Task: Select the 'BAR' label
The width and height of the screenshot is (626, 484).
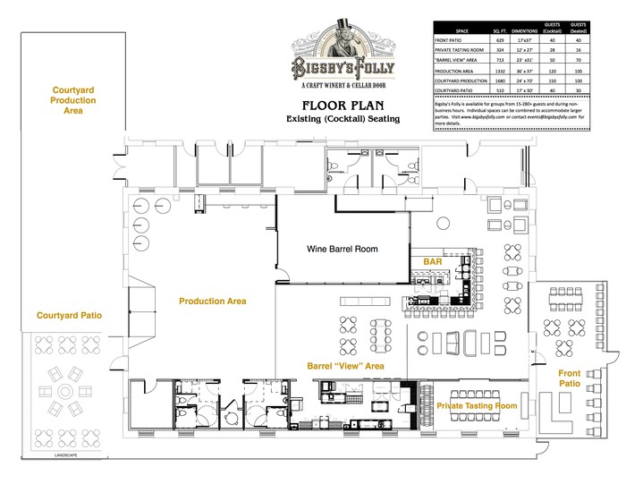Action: (434, 261)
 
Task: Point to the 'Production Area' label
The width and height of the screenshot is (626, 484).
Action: (213, 301)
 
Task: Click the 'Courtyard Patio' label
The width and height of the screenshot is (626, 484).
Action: (69, 316)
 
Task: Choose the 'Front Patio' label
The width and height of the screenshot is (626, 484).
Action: (570, 378)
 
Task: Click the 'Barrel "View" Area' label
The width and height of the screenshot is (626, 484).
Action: (345, 366)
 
